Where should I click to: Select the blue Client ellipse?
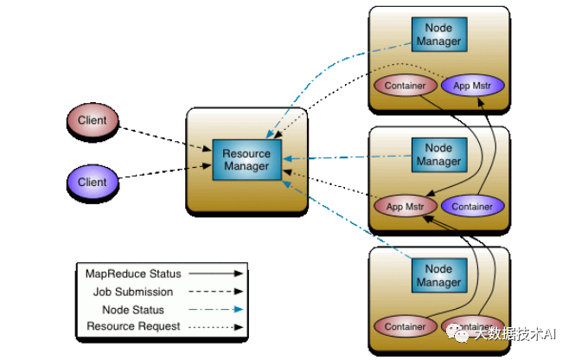(x=93, y=182)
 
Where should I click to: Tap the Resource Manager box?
(x=246, y=160)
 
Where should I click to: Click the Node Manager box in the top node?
(x=438, y=35)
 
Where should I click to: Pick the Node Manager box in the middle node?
(x=438, y=156)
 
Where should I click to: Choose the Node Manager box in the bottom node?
(x=438, y=276)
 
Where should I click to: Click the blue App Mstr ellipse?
(x=473, y=86)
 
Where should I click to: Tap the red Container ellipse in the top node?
(x=404, y=86)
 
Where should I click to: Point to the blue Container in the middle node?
(x=473, y=207)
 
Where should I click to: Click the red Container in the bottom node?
(x=404, y=327)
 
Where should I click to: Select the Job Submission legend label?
(x=133, y=292)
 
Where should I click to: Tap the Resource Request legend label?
(x=134, y=326)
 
